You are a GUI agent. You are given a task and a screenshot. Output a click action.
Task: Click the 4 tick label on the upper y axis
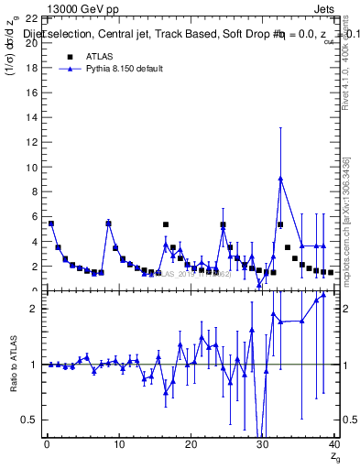point(34,242)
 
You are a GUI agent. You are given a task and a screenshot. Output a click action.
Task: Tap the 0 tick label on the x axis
point(47,445)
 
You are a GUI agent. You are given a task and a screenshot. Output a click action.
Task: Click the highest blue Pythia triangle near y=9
point(280,179)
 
